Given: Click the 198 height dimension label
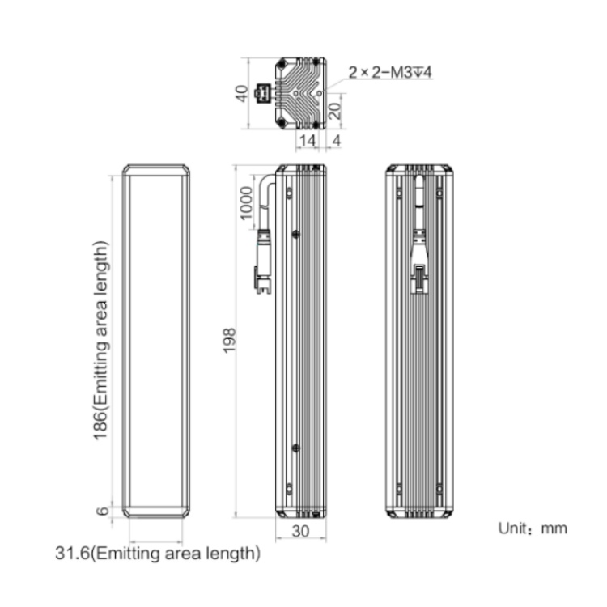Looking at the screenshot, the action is (x=230, y=340).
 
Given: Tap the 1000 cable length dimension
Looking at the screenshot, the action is (x=246, y=203).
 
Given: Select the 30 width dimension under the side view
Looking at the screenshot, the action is (x=300, y=531).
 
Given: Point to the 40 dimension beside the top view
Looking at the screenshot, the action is (x=242, y=93).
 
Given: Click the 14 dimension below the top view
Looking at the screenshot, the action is (x=308, y=140).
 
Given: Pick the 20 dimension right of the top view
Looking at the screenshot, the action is (x=335, y=111).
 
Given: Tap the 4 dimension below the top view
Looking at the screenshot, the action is (x=337, y=140).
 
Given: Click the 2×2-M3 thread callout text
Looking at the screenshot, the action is (x=390, y=72).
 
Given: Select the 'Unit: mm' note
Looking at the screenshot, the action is (x=533, y=528).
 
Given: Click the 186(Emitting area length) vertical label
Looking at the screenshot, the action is (x=100, y=341).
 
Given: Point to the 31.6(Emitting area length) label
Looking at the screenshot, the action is (x=158, y=554).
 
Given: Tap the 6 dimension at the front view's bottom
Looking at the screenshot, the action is (x=102, y=511).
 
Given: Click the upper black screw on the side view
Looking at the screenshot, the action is (x=295, y=234).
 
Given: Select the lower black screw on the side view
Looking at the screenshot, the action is (x=295, y=448).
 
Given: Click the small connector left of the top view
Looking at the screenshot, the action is (x=262, y=93).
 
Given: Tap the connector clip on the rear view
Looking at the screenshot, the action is (x=418, y=278).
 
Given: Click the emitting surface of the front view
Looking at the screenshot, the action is (x=156, y=341).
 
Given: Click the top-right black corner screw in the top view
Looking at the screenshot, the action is (x=316, y=62).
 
